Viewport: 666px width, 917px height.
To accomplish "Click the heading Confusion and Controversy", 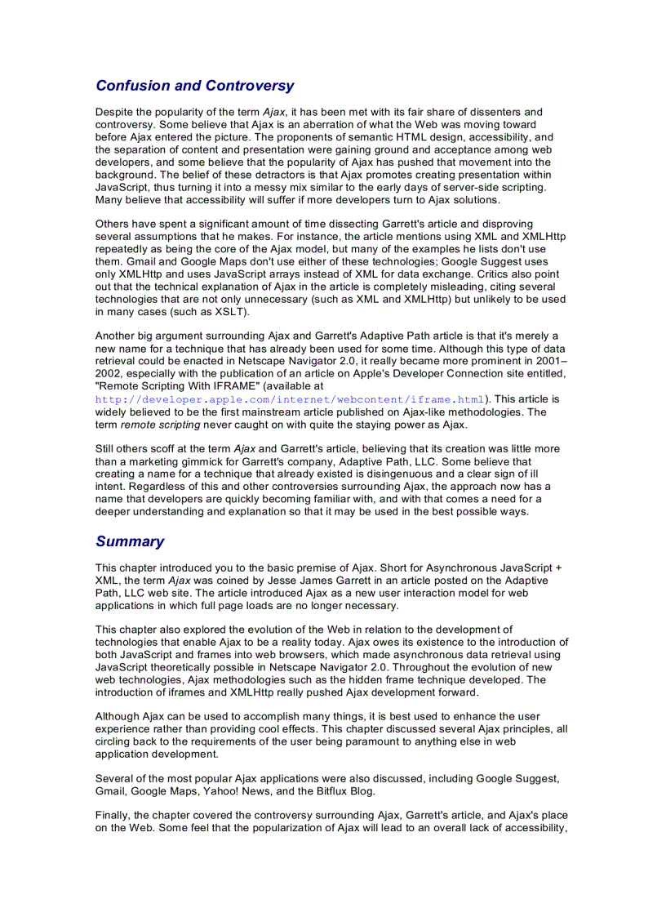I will [194, 86].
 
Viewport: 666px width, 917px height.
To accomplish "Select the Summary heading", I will [130, 541].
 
